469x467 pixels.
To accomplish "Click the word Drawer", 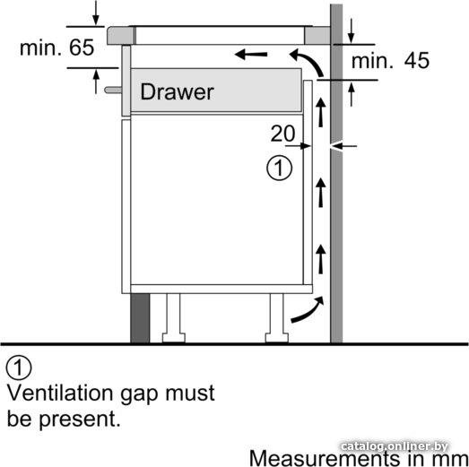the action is [x=177, y=91].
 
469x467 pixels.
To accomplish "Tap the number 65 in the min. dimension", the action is [x=82, y=48].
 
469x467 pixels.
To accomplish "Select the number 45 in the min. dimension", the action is [x=417, y=60].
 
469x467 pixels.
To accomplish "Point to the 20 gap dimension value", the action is [x=282, y=134].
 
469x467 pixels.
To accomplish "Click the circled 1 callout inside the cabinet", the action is [x=280, y=168].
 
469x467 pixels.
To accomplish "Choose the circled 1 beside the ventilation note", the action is [x=19, y=368].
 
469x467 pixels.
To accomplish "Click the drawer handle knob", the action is [x=113, y=90].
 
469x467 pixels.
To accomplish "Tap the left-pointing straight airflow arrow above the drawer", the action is [x=251, y=55].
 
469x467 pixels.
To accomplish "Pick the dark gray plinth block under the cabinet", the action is [x=140, y=318].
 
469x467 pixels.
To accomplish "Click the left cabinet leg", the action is [x=173, y=318].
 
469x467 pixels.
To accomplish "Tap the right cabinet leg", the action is [x=277, y=318].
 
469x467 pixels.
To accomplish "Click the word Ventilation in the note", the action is [x=60, y=393].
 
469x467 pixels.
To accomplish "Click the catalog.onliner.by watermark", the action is [x=395, y=446].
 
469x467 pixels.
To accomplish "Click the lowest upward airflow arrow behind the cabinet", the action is [x=321, y=259].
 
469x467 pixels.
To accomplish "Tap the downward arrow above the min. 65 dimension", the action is [x=96, y=13].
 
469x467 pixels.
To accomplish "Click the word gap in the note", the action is [x=139, y=395].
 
